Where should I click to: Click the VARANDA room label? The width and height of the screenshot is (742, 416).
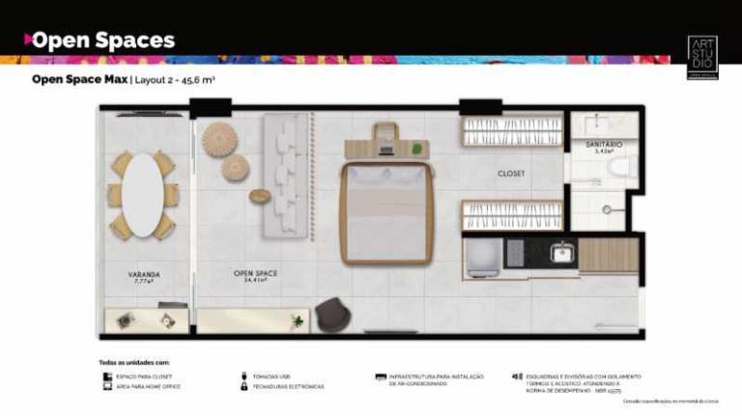(144, 275)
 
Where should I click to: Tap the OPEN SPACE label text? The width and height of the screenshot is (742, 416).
(255, 273)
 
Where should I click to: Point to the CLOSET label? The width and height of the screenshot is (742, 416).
(511, 174)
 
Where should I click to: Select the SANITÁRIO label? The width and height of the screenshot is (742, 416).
(603, 145)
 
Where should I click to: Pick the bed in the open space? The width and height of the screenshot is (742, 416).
(385, 212)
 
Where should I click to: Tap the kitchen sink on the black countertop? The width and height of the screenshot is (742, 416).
(561, 253)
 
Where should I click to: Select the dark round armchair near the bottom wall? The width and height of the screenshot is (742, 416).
(331, 314)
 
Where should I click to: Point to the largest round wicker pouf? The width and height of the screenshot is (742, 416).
(219, 138)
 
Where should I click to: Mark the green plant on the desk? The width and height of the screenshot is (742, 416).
(416, 149)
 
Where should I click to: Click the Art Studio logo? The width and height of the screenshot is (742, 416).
(701, 56)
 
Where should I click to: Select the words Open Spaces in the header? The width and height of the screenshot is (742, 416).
(102, 41)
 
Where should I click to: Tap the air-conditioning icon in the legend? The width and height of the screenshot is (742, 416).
(381, 375)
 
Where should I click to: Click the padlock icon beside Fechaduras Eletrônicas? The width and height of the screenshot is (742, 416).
(243, 386)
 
